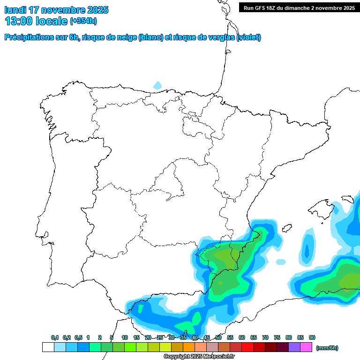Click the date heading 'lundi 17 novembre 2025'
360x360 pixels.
tap(56, 10)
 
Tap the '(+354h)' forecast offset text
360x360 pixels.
tap(83, 21)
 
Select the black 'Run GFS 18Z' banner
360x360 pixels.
tap(299, 7)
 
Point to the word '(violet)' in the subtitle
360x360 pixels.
tap(249, 37)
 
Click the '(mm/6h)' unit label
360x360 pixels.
tap(327, 348)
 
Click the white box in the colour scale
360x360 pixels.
tap(48, 347)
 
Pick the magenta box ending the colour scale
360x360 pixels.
tap(306, 347)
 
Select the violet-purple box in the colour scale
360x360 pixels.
tap(294, 347)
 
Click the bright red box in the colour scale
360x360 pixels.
tap(247, 347)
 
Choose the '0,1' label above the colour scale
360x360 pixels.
tap(55, 337)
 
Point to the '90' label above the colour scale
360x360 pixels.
tap(312, 337)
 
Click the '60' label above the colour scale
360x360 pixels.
tap(242, 337)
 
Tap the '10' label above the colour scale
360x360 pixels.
tap(125, 337)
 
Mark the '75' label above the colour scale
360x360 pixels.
tap(277, 337)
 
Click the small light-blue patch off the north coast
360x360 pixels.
tap(157, 85)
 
